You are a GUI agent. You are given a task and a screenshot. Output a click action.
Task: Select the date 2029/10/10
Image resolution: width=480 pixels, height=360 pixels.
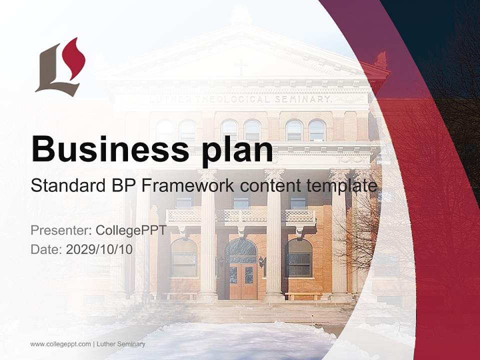[x=99, y=249]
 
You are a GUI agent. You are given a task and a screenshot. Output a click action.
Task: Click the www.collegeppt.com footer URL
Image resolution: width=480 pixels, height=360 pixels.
[x=60, y=344]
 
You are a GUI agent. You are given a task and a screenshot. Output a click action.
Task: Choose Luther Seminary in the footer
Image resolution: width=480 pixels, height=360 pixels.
[x=121, y=344]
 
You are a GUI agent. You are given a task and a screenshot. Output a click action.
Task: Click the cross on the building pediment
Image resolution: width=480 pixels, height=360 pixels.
[x=240, y=66]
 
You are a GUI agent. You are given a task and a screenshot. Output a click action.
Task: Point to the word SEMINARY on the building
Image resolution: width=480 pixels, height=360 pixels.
[x=303, y=99]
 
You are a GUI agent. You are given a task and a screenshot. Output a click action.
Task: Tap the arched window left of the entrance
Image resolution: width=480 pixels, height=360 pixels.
[x=184, y=258]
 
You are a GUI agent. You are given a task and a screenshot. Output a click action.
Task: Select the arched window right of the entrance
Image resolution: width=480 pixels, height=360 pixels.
[x=298, y=258]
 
